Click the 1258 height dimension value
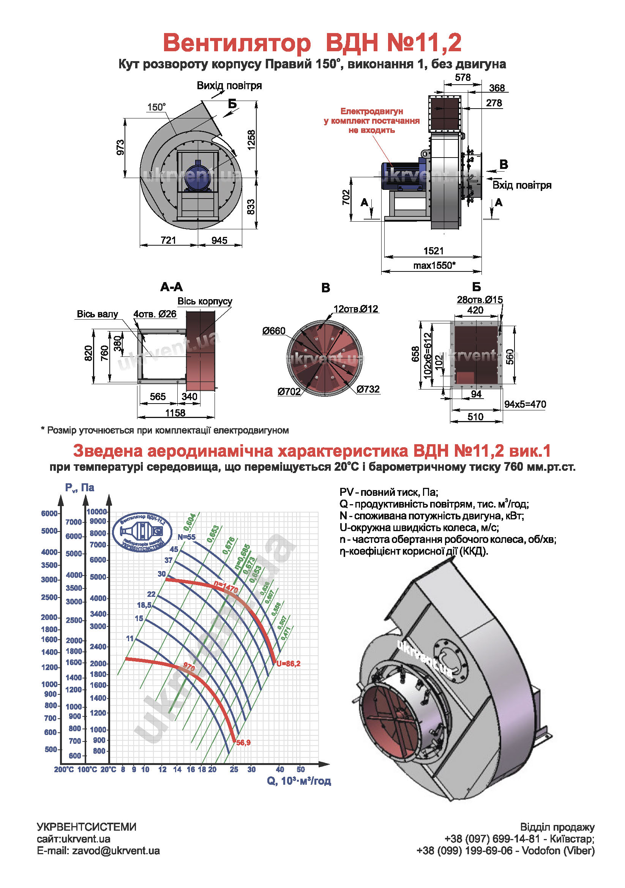pos(251,140)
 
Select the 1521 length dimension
pos(433,251)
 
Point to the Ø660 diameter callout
pos(273,331)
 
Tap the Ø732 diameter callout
pos(368,389)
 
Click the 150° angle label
pos(156,107)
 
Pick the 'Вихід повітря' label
pos(229,85)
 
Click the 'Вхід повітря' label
pos(521,185)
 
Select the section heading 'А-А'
pos(171,287)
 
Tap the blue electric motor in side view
pos(401,177)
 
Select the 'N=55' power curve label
pos(186,537)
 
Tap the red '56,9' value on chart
pos(243,743)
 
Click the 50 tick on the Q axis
pos(300,769)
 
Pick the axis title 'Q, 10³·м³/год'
pos(298,781)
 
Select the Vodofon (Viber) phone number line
pos(505,850)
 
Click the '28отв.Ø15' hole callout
pos(480,300)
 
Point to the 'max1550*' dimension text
pos(434,265)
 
